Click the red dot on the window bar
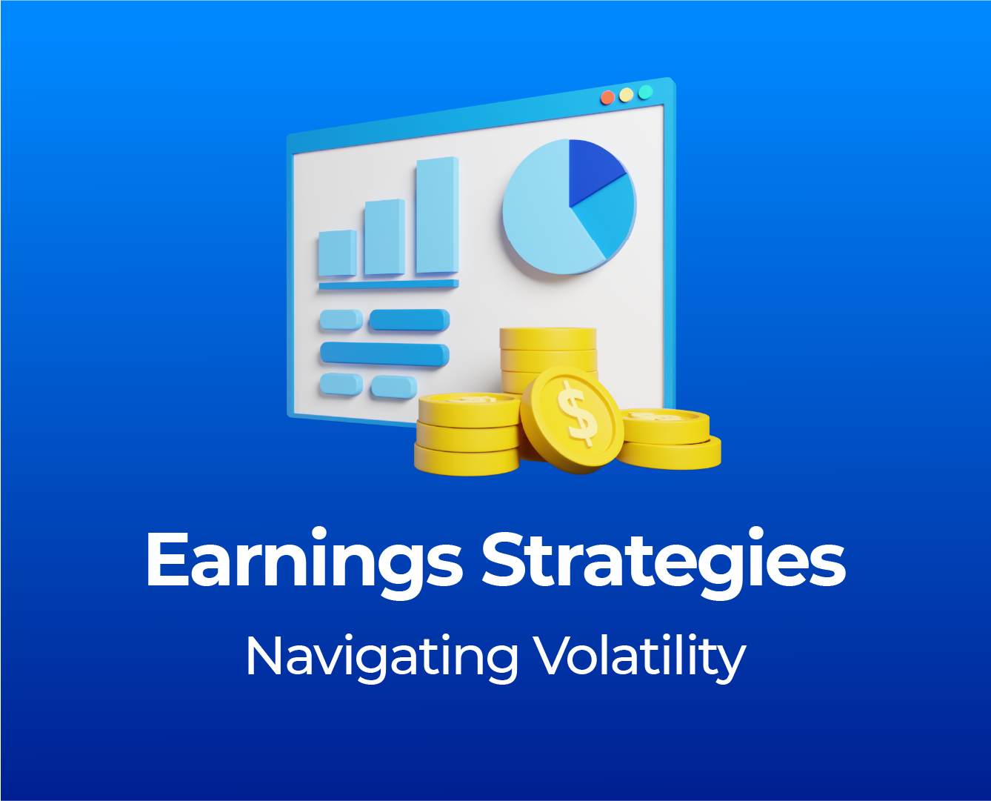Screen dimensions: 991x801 [x=607, y=98]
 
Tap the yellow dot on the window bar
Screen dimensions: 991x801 [x=627, y=95]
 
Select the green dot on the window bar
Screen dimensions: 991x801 [x=645, y=92]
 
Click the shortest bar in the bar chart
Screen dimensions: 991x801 [x=338, y=253]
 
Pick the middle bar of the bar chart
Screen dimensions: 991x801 [x=384, y=237]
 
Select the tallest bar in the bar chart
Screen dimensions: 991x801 [x=437, y=215]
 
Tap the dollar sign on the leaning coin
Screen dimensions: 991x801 [x=577, y=413]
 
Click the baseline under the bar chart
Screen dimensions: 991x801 [x=389, y=285]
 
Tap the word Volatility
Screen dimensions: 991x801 [x=639, y=657]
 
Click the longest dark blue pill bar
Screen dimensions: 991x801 [x=384, y=354]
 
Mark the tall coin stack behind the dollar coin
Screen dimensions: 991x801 [x=549, y=361]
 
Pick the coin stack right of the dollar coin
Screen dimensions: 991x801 [x=669, y=438]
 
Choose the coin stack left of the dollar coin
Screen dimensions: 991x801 [x=467, y=434]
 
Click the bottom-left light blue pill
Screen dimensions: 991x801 [x=341, y=385]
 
